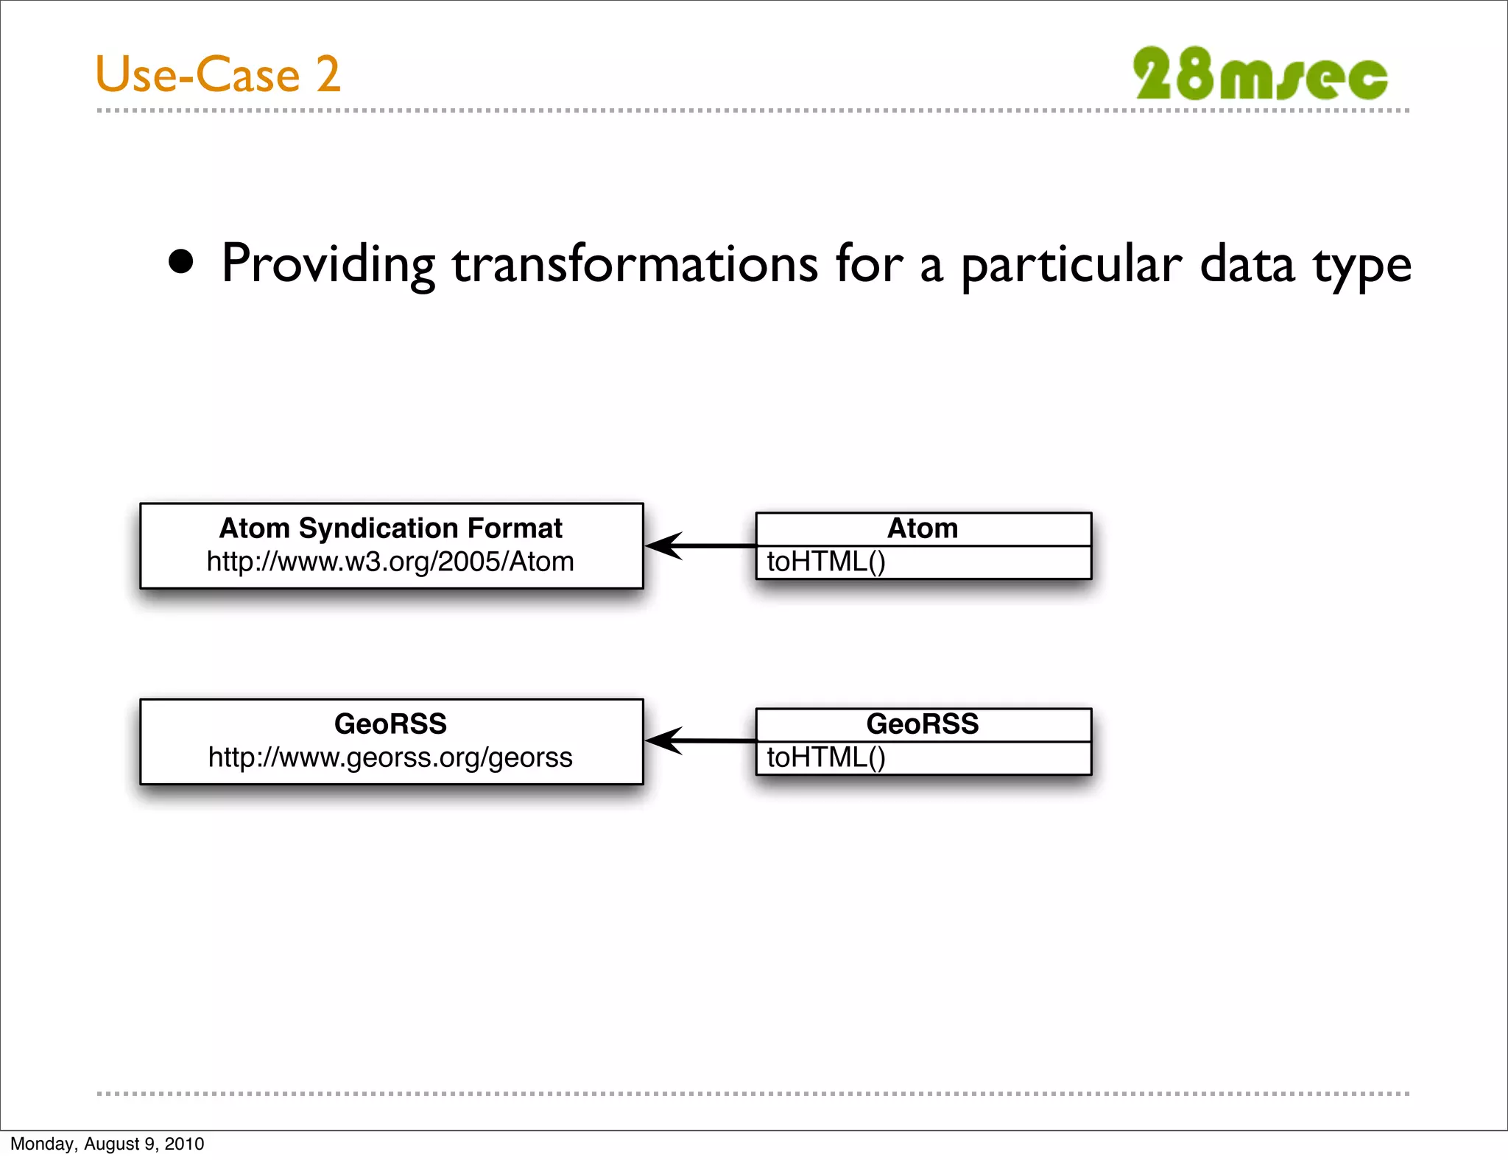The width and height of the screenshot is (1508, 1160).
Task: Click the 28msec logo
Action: [x=1260, y=74]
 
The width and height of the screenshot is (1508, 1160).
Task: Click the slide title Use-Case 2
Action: [x=218, y=74]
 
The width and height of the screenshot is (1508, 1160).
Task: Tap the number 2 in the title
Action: [x=328, y=74]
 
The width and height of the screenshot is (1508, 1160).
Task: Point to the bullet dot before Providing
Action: [x=181, y=262]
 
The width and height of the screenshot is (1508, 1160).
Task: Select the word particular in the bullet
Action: [x=1071, y=265]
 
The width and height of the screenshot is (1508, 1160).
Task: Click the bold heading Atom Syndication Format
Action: [x=390, y=528]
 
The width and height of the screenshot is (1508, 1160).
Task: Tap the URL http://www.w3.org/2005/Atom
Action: [x=390, y=562]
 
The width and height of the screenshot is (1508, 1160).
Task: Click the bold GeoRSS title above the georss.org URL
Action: [x=390, y=724]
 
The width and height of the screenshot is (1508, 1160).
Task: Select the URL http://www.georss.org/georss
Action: [x=390, y=757]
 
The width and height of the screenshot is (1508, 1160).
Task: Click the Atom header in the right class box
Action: [x=923, y=528]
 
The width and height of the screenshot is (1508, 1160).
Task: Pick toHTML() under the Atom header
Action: [x=825, y=562]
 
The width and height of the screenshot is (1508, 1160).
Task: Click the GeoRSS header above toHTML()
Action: [x=923, y=724]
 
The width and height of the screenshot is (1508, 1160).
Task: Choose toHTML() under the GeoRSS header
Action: [x=825, y=758]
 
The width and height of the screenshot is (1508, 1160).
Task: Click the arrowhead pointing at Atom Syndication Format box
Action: [x=663, y=546]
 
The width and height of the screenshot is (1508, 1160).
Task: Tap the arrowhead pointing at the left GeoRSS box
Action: [x=663, y=740]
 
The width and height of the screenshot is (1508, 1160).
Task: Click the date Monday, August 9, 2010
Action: [x=108, y=1144]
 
